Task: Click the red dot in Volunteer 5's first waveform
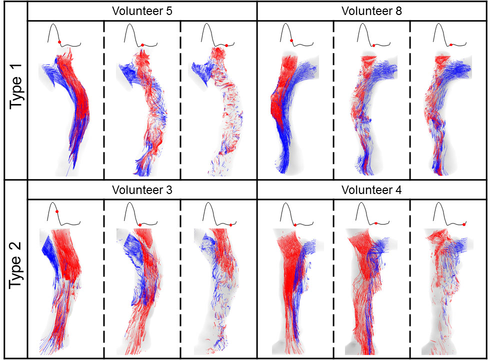point(59,42)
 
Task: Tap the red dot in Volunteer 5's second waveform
point(142,45)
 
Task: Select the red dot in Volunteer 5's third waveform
point(226,45)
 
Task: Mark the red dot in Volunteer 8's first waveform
point(291,40)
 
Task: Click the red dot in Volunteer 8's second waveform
point(373,45)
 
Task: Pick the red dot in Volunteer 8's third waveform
point(451,44)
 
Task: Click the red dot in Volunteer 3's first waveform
point(57,211)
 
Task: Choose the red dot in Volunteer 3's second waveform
point(140,224)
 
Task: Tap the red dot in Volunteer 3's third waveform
point(230,225)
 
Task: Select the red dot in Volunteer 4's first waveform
point(295,225)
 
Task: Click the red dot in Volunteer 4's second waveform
point(376,223)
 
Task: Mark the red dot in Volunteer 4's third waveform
point(464,224)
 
